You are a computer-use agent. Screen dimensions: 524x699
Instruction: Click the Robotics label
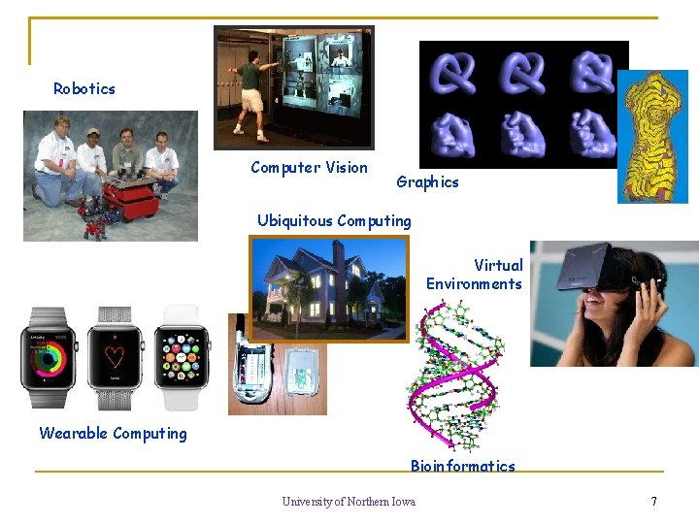[x=84, y=89]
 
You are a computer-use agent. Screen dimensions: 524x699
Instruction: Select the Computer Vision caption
[x=309, y=168]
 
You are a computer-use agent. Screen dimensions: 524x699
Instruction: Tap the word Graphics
[x=427, y=182]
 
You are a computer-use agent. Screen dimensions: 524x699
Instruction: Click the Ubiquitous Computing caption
[x=334, y=221]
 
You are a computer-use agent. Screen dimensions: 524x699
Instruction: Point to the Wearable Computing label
[x=113, y=434]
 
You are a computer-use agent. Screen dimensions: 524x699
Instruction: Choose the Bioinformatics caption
[x=462, y=466]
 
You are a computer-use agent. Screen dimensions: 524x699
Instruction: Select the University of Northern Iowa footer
[x=349, y=502]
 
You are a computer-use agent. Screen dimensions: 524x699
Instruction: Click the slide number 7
[x=653, y=502]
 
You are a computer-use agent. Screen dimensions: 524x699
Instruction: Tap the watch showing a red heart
[x=115, y=357]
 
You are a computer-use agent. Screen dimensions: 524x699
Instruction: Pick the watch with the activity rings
[x=50, y=357]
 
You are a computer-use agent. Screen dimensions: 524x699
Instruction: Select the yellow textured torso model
[x=651, y=136]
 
